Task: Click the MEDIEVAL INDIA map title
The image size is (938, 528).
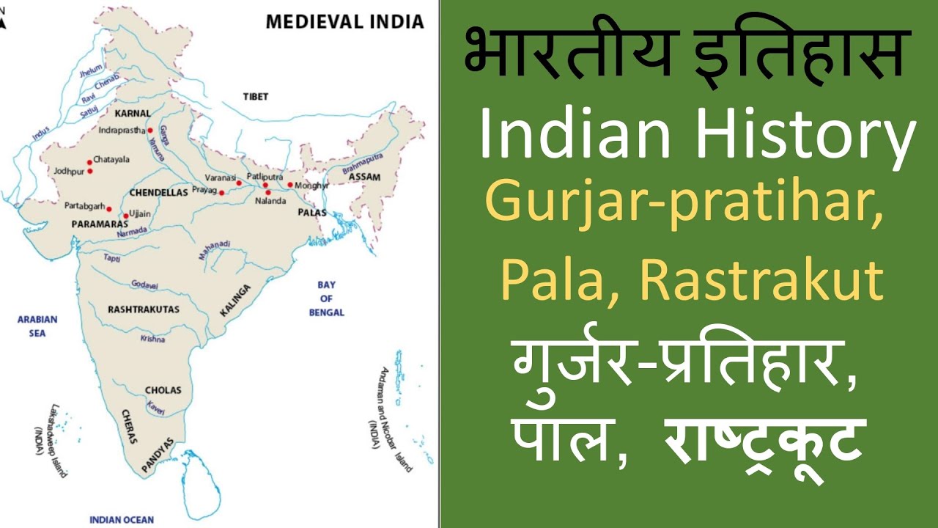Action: [344, 21]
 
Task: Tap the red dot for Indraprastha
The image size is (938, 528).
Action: [149, 131]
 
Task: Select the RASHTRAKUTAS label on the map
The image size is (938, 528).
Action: [144, 309]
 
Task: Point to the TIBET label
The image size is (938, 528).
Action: [256, 96]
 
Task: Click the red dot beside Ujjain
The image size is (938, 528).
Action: [125, 216]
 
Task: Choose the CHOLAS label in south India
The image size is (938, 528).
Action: [163, 390]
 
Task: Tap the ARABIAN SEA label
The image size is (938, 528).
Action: [37, 326]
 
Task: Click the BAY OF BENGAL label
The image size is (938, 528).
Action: [326, 298]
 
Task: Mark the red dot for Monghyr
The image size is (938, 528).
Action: [290, 185]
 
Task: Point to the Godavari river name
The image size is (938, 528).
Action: [145, 285]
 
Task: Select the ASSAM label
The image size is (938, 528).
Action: [364, 177]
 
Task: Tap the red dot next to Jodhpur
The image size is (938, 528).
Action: [89, 171]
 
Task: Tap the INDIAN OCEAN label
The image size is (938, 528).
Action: [122, 519]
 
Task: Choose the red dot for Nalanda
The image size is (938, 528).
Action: [267, 192]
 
